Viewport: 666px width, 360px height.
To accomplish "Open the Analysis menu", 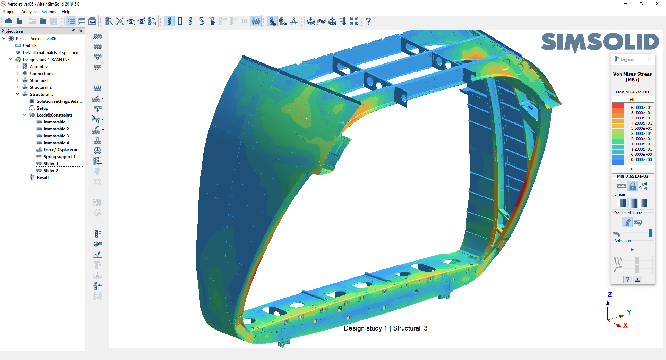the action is pos(28,12).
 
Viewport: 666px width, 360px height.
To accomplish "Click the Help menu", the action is pos(66,12).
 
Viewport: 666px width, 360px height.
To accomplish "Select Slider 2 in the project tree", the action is pos(51,171).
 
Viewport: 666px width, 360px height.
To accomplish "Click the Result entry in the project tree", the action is pos(43,178).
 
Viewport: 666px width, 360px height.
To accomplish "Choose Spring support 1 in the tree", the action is pos(59,157).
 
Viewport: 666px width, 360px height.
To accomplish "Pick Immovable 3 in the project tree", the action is pos(56,136).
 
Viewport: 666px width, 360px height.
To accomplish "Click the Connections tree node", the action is pos(41,74).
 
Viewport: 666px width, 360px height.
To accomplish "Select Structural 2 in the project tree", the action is pos(41,87).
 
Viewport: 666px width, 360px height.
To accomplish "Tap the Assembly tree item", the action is pos(39,67).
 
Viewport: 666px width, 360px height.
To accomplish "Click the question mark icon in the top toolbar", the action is pos(368,22).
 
